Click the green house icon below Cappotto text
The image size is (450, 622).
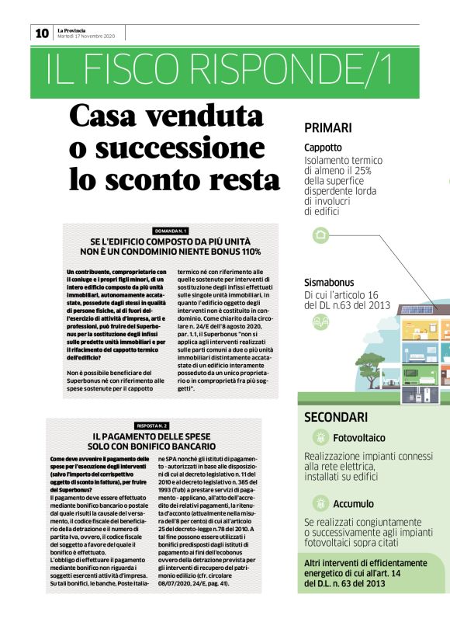pyautogui.click(x=320, y=235)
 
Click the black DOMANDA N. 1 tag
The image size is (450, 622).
pyautogui.click(x=171, y=231)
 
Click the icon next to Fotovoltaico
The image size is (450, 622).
pyautogui.click(x=319, y=438)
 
